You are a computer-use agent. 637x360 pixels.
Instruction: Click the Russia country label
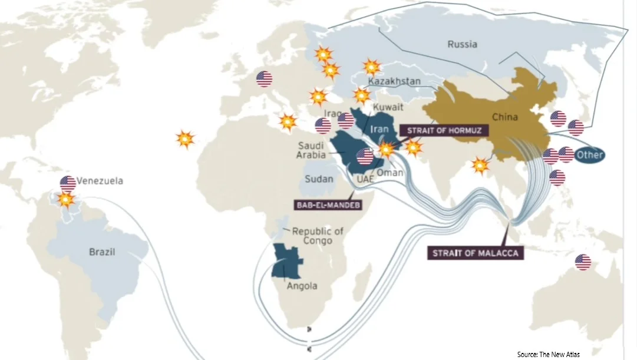[x=462, y=44]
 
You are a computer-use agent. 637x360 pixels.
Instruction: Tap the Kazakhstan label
[x=394, y=81]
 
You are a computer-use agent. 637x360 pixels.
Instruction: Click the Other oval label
[x=589, y=155]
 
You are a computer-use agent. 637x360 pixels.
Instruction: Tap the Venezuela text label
[x=100, y=181]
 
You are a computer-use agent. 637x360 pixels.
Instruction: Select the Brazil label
[x=102, y=252]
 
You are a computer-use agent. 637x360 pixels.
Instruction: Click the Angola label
[x=302, y=286]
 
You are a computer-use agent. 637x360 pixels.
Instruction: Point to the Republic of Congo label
[x=318, y=236]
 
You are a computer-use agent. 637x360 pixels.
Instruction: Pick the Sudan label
[x=319, y=179]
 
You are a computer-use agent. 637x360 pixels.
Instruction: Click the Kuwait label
[x=389, y=107]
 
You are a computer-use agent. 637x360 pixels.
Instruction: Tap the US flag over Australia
[x=583, y=262]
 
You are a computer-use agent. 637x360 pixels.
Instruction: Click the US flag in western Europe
[x=264, y=79]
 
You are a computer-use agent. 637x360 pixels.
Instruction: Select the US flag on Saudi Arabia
[x=365, y=156]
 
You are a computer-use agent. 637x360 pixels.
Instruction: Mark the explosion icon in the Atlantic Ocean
[x=185, y=139]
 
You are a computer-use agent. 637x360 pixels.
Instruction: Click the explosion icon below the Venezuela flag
[x=66, y=200]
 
